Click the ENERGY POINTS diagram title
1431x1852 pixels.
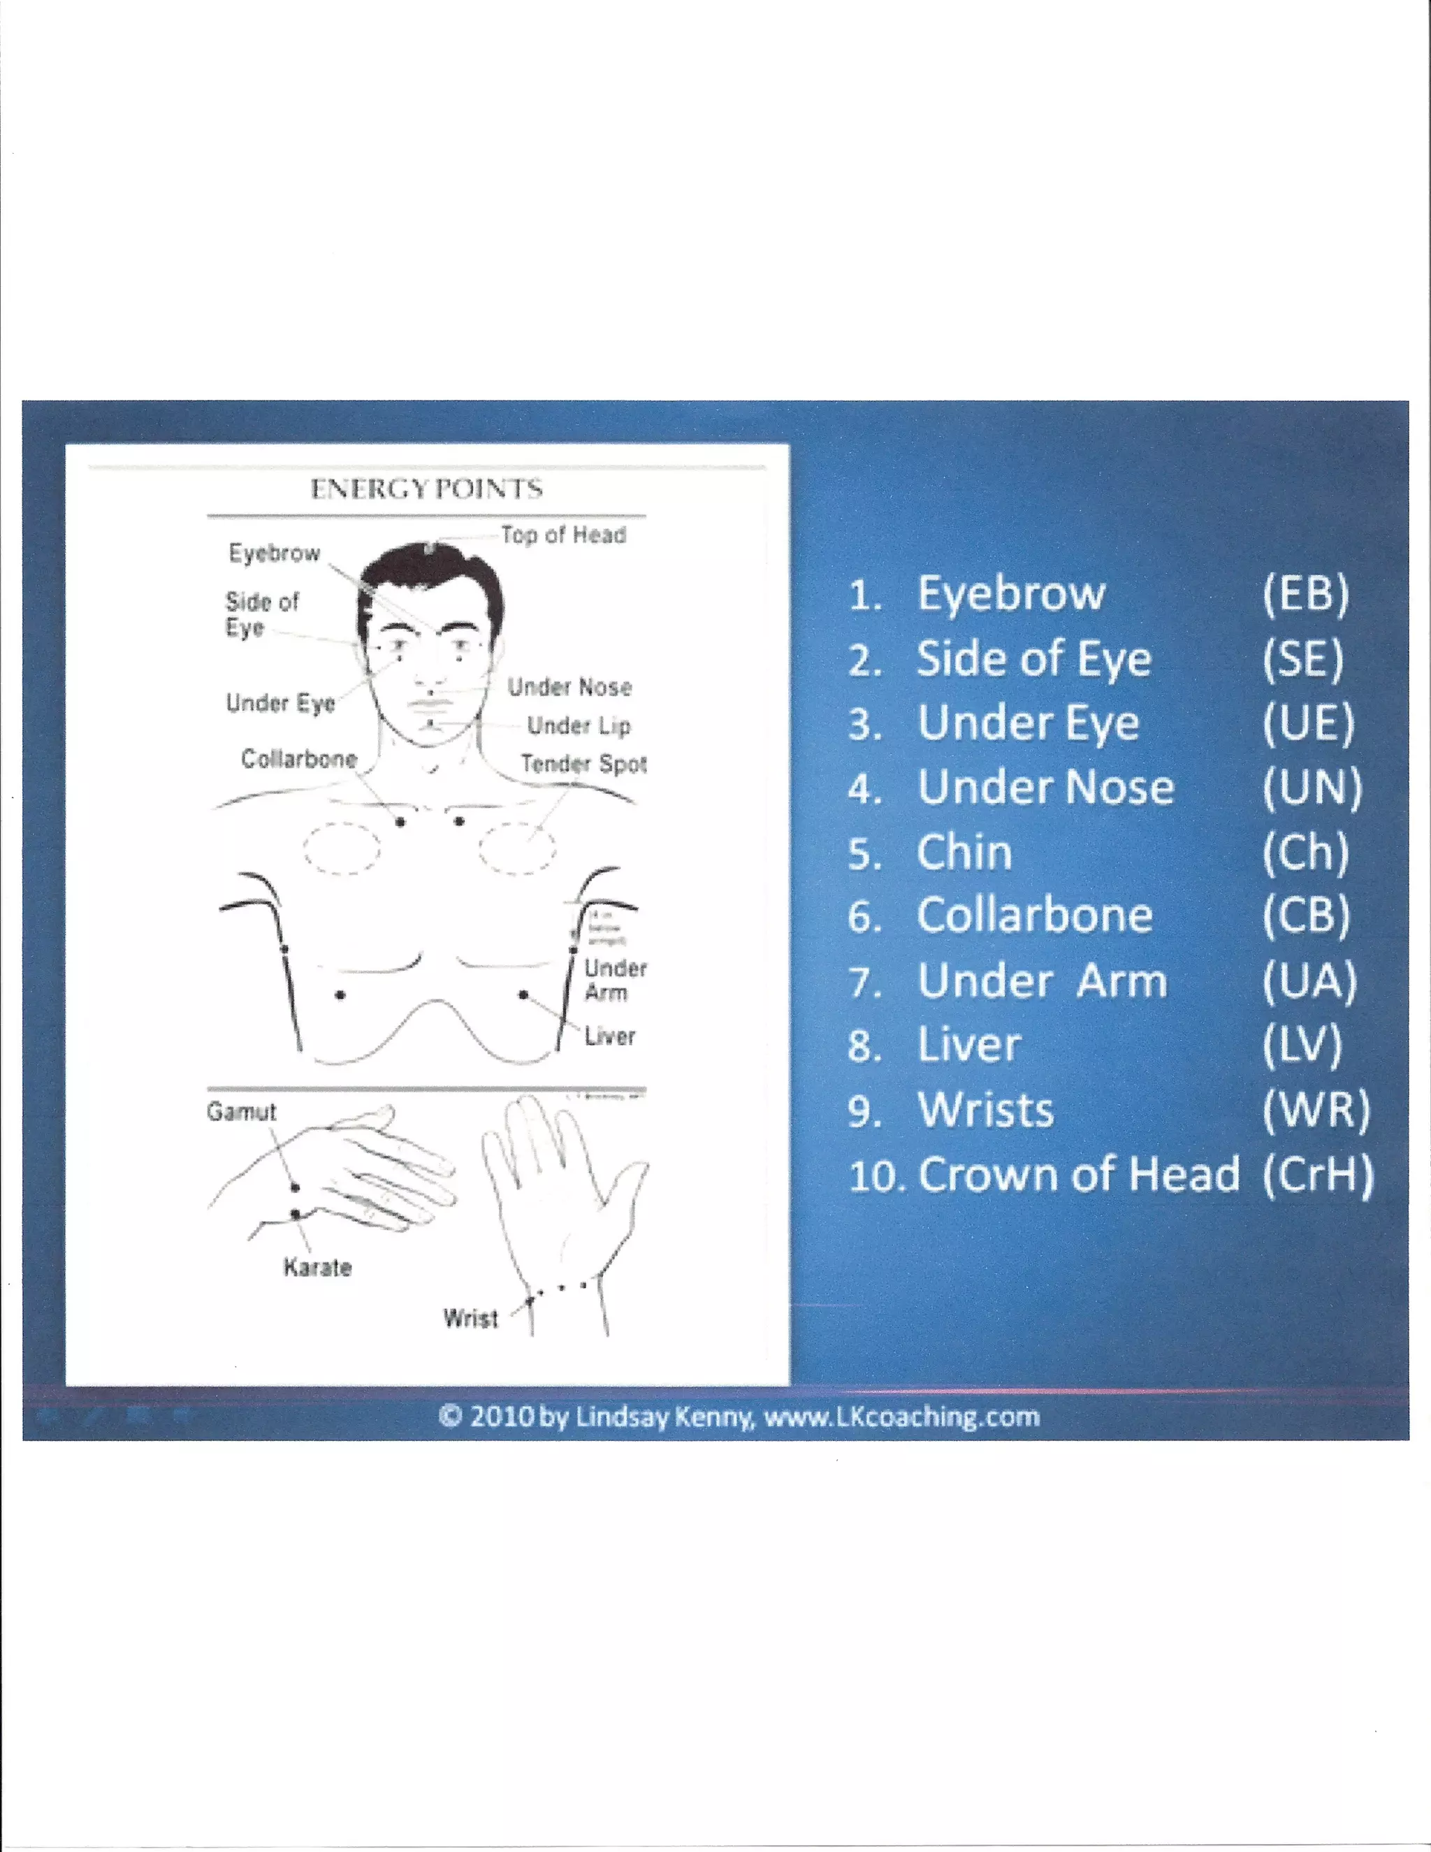tap(426, 489)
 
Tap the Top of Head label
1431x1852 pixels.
tap(563, 535)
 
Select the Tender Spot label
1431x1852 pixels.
tap(584, 764)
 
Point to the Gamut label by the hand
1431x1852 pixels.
tap(242, 1112)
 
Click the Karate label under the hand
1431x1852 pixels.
tap(317, 1268)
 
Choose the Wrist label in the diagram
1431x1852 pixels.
tap(470, 1318)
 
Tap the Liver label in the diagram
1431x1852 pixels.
tap(609, 1036)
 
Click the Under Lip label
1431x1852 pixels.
tap(579, 726)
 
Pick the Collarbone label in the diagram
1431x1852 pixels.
tap(299, 758)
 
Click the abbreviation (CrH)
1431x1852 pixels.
tap(1316, 1175)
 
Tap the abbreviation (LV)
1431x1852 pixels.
tap(1302, 1046)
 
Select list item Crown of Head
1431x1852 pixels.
tap(1078, 1175)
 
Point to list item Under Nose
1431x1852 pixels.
tap(1045, 788)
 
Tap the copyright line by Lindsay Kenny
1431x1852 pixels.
tap(739, 1416)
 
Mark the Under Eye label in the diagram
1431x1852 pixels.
tap(281, 703)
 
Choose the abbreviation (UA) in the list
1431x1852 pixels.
tap(1309, 981)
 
